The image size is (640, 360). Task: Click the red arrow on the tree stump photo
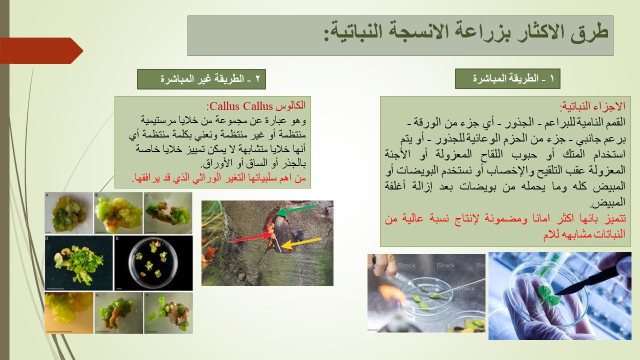click(x=253, y=237)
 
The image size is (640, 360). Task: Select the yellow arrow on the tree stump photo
click(x=301, y=243)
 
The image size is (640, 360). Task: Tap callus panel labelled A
click(x=69, y=213)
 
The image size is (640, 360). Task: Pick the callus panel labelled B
click(x=118, y=213)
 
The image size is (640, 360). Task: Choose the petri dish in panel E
click(x=153, y=262)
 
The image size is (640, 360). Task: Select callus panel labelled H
click(x=168, y=313)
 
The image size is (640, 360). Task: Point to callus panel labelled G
click(x=118, y=313)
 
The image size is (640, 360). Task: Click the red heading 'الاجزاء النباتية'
click(x=593, y=106)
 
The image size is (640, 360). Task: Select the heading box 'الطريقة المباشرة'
click(x=507, y=78)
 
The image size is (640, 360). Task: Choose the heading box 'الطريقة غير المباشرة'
click(x=201, y=79)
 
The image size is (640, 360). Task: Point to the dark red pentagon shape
click(x=41, y=50)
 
